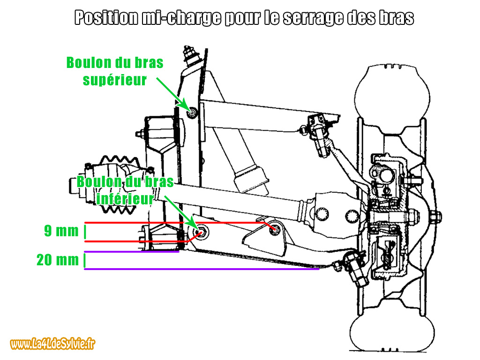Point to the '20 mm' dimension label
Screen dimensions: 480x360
(58, 260)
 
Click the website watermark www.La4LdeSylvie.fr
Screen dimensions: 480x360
(53, 345)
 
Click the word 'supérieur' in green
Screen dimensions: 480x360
(115, 80)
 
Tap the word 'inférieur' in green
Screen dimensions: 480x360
(125, 199)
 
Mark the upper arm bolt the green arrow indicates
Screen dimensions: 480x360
(192, 112)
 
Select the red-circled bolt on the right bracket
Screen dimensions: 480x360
(276, 230)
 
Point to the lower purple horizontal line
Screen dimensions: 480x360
(202, 269)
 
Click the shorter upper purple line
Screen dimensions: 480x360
(131, 252)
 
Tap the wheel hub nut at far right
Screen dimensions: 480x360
(434, 216)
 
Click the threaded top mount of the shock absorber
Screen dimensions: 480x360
(190, 53)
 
